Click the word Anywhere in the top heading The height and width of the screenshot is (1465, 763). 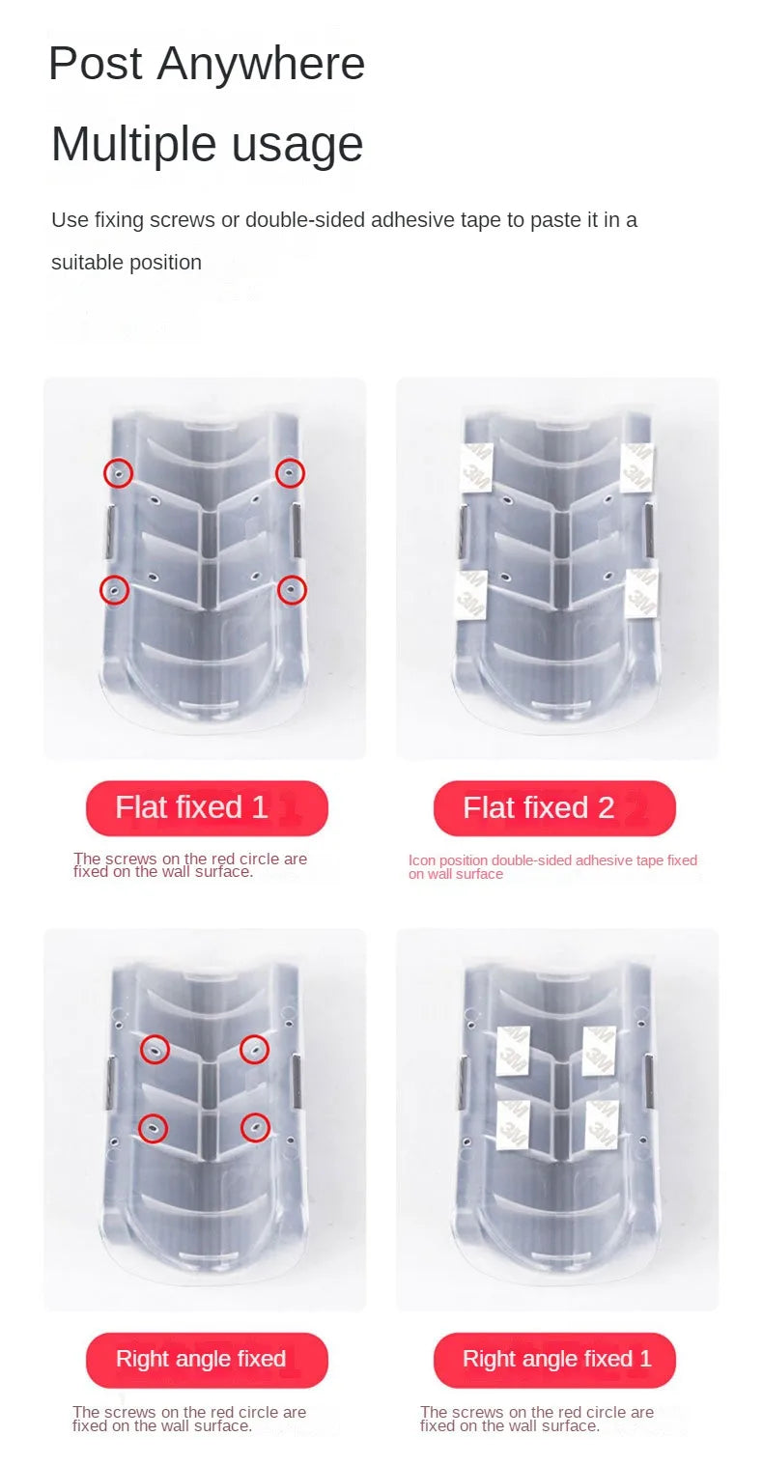[261, 65]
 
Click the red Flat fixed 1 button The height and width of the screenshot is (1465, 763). [207, 807]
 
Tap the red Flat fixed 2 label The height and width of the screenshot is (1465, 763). [554, 807]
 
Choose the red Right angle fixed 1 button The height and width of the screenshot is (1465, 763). [554, 1359]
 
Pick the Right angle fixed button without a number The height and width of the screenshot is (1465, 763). [207, 1359]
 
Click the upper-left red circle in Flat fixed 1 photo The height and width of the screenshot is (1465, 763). [119, 473]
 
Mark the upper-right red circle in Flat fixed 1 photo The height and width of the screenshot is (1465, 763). [290, 473]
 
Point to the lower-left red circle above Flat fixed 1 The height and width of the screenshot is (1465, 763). [114, 590]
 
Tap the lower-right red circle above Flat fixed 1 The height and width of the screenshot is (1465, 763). [292, 591]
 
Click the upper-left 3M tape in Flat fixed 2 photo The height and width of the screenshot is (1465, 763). [476, 467]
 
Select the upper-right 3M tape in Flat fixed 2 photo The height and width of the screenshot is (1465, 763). [636, 467]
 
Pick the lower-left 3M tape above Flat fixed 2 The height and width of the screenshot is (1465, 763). [470, 594]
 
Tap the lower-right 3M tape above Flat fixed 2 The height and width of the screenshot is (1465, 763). [642, 594]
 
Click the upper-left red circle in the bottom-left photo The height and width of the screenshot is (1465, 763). [155, 1049]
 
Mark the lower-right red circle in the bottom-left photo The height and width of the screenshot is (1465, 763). [255, 1128]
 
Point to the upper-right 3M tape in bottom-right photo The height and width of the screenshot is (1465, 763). [599, 1051]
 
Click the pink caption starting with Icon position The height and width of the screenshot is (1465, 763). [552, 866]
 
